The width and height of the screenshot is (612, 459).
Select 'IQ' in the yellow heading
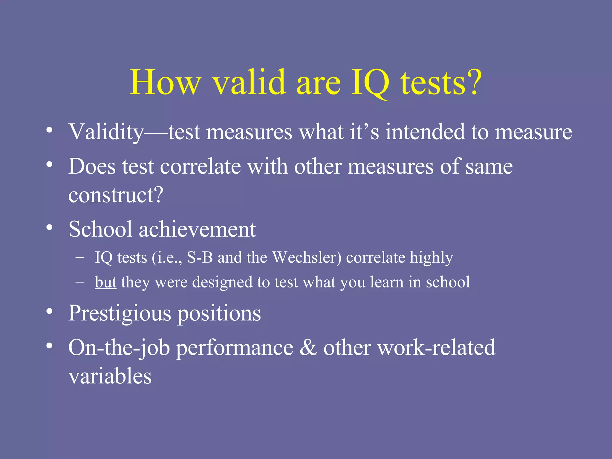click(x=370, y=82)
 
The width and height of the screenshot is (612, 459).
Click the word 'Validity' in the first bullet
click(x=106, y=132)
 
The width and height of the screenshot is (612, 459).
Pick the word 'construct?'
click(x=116, y=195)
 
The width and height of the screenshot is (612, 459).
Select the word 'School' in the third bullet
click(x=100, y=229)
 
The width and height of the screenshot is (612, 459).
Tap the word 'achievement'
click(x=197, y=229)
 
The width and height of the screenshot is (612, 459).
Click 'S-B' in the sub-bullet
click(x=200, y=257)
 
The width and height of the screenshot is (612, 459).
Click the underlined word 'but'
click(x=105, y=282)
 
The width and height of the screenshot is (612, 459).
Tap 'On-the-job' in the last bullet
click(x=119, y=348)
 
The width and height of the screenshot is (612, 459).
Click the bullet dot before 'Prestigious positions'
click(x=49, y=312)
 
